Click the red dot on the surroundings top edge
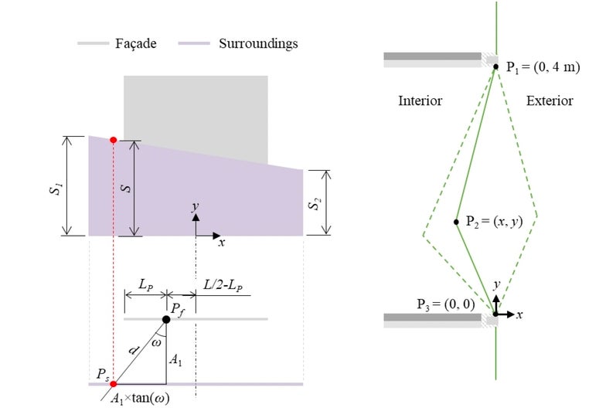click(114, 140)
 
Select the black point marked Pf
click(166, 319)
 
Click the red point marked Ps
click(114, 383)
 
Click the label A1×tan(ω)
click(141, 399)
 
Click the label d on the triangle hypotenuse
click(133, 349)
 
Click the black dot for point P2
click(457, 222)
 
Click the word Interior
click(420, 100)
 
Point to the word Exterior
click(550, 100)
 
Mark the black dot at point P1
click(496, 67)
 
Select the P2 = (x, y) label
click(495, 222)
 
